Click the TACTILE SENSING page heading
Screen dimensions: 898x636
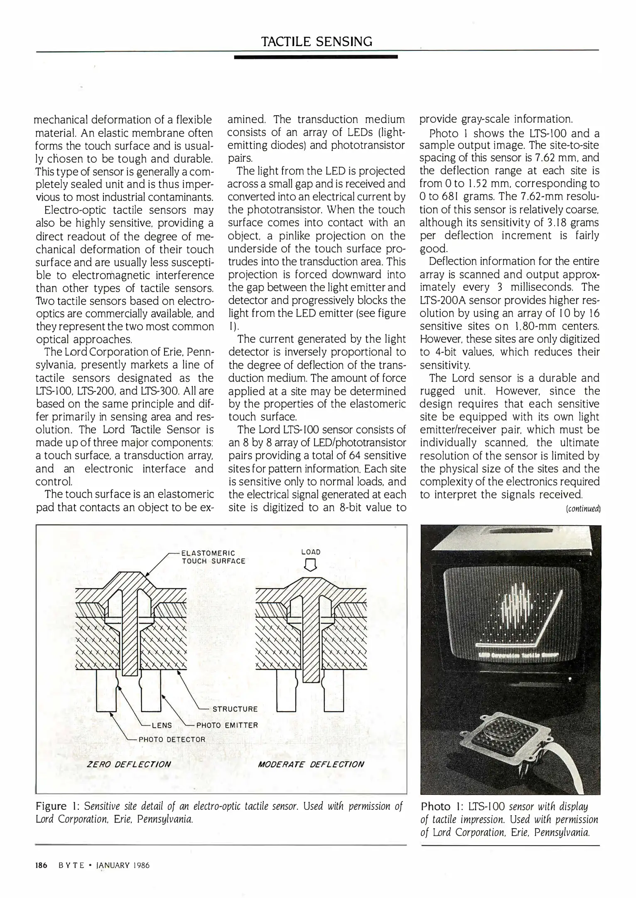click(x=317, y=41)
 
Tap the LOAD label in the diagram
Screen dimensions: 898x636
click(x=311, y=552)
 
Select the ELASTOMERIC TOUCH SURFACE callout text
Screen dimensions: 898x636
click(x=213, y=557)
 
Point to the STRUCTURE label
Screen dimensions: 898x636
click(x=235, y=709)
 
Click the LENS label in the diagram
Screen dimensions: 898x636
click(x=162, y=725)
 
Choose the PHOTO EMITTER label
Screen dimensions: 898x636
click(x=227, y=725)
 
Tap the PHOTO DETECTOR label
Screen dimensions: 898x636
click(x=172, y=740)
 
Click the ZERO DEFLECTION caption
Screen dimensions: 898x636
click(x=128, y=765)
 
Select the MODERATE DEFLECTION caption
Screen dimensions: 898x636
click(x=311, y=765)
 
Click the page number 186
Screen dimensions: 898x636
click(x=41, y=866)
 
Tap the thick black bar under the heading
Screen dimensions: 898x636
click(x=316, y=57)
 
